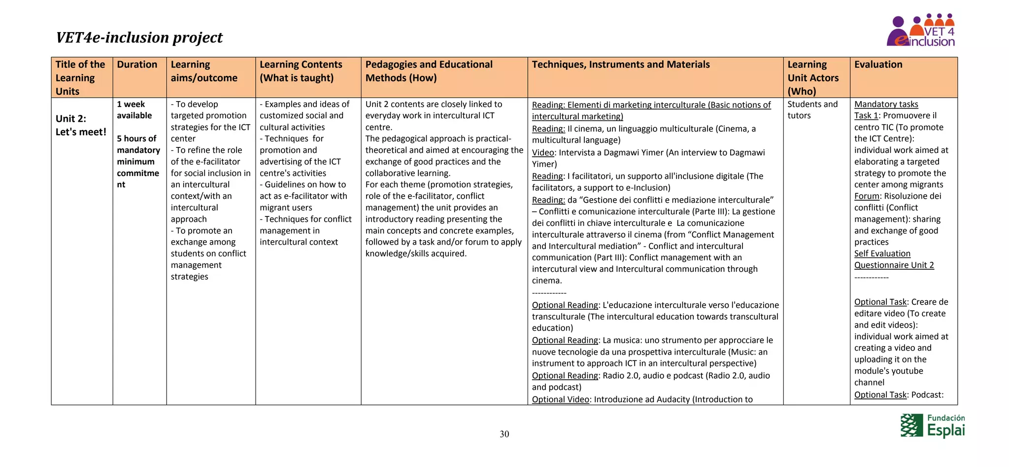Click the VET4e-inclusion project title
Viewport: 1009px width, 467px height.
tap(139, 37)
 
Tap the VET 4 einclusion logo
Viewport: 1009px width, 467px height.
tap(921, 31)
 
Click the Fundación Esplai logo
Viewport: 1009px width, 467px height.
tap(932, 426)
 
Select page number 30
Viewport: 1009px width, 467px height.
tap(504, 434)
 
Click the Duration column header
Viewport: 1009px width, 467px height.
tap(137, 65)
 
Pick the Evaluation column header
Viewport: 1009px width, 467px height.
tap(878, 65)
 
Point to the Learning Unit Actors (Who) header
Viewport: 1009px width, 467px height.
tap(813, 78)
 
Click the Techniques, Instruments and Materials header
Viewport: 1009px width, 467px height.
tap(620, 65)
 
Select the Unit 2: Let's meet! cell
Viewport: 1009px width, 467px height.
tap(81, 125)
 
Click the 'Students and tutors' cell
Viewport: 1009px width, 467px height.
tap(812, 110)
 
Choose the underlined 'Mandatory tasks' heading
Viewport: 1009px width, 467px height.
tap(886, 104)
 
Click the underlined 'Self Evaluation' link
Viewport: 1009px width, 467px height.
tap(882, 253)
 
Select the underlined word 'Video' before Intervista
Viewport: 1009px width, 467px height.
tap(543, 152)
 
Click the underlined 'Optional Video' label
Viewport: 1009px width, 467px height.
tap(560, 399)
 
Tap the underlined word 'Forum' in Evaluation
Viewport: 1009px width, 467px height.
tap(866, 196)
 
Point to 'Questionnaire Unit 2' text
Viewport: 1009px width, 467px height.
tap(894, 265)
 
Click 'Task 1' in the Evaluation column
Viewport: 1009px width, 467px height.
tap(866, 116)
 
